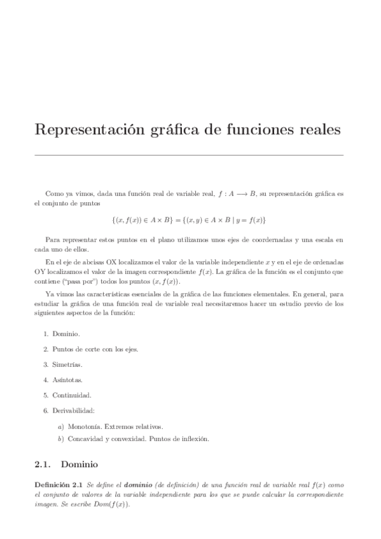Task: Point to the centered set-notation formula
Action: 188,220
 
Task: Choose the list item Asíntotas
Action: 67,379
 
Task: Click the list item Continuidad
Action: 71,395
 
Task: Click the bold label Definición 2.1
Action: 59,485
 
